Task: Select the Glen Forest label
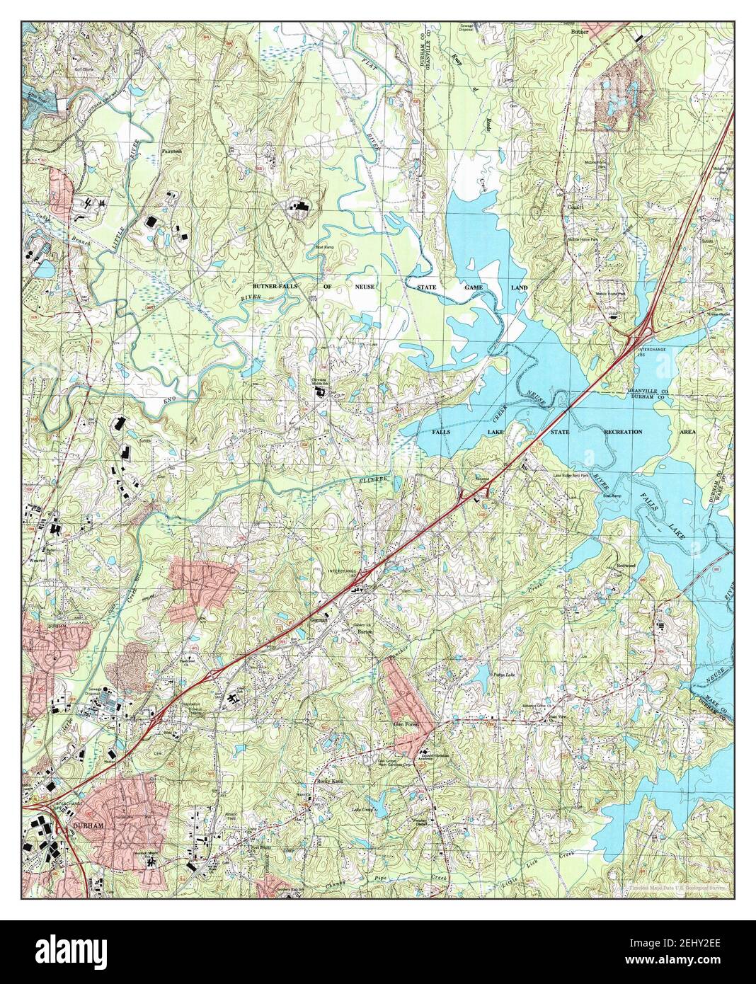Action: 408,726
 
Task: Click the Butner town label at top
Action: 580,32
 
